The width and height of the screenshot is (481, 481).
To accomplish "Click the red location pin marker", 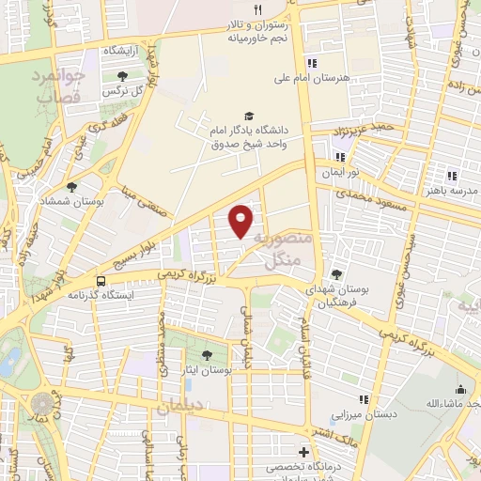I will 241,220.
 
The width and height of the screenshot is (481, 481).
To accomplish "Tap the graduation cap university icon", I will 248,116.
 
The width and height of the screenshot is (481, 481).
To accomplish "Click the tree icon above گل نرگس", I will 122,75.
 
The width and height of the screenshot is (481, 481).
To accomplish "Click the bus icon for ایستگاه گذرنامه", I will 101,280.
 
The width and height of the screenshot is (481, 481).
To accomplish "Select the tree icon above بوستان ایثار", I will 206,355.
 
